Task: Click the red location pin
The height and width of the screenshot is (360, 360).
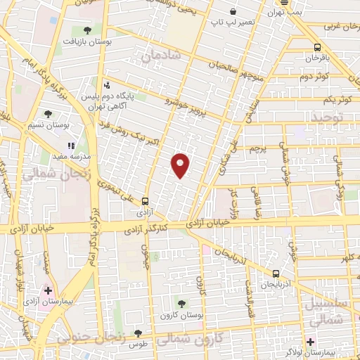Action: point(181,164)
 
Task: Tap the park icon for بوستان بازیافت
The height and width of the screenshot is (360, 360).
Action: point(87,30)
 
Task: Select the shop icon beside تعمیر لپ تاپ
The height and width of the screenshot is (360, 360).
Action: point(233,12)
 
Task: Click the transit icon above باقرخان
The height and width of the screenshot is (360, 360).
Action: point(317,47)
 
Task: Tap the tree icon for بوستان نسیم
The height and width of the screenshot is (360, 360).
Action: point(48,114)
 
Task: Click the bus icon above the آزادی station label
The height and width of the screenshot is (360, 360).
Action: point(145,200)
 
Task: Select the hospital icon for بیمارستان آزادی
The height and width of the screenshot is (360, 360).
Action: point(48,290)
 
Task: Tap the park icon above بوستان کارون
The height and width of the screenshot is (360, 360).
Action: point(181,304)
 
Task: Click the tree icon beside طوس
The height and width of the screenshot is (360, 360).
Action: point(138,333)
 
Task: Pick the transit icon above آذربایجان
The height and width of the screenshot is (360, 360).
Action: point(275,274)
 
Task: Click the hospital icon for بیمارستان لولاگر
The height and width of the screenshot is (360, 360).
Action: point(310,342)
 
